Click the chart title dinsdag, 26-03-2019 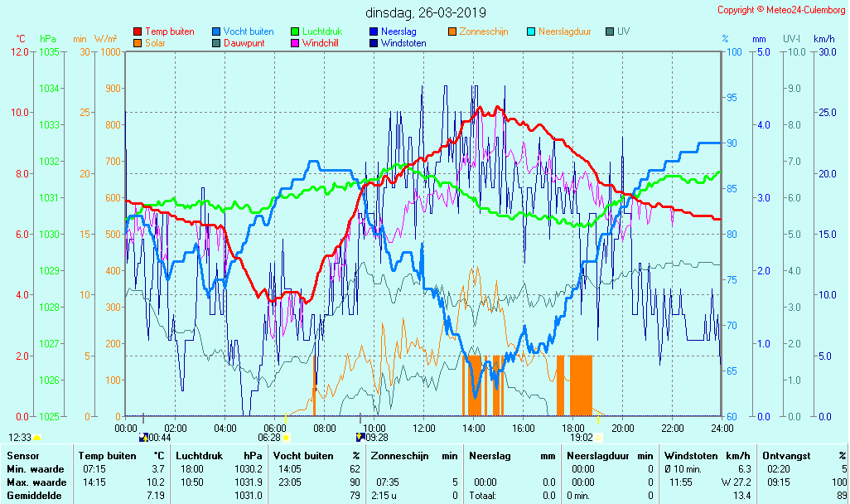[426, 12]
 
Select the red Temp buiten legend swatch [138, 31]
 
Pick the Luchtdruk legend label [322, 31]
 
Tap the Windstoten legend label [403, 43]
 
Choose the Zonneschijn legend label [483, 31]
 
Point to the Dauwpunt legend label [244, 43]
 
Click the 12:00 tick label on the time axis [423, 428]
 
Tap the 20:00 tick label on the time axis [622, 428]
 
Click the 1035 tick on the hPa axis [49, 52]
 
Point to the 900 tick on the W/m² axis [112, 89]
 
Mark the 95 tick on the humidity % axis [732, 98]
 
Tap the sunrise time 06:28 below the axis [269, 438]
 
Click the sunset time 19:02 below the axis [582, 438]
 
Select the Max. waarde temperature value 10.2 [157, 482]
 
